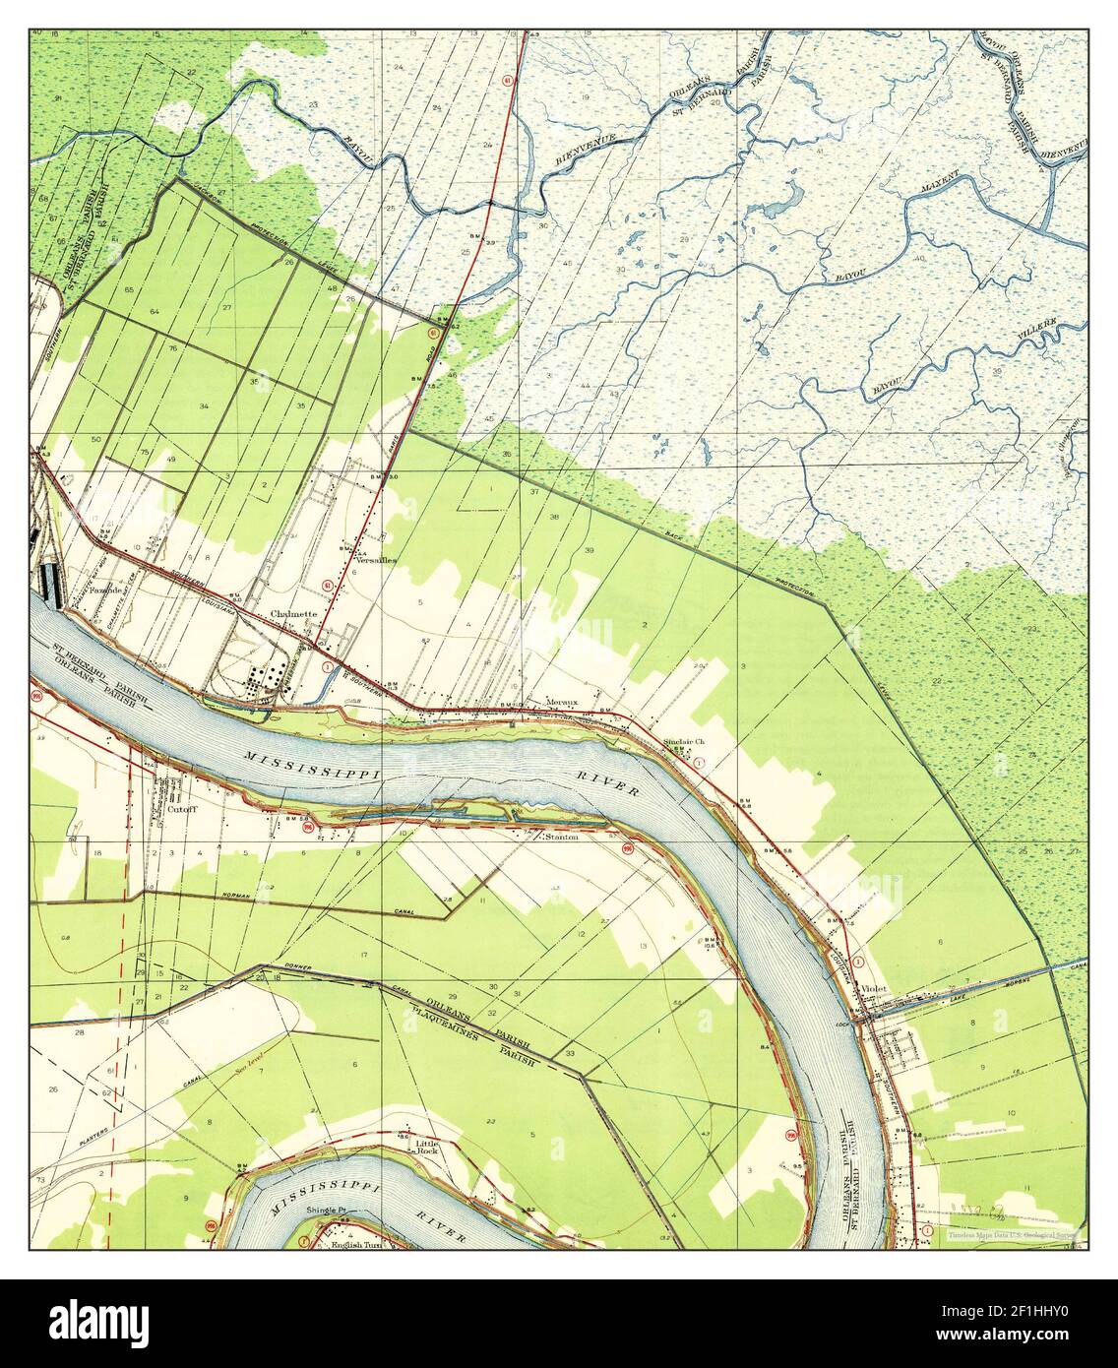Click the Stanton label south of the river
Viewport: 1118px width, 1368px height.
pos(561,838)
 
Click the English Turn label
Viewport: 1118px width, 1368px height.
pos(355,1244)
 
